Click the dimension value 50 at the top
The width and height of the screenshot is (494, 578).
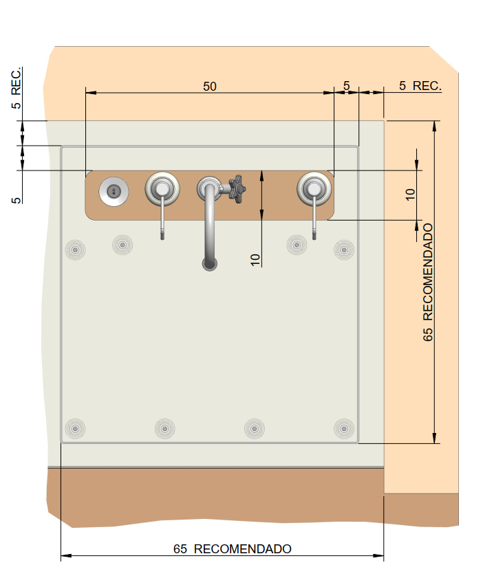click(210, 87)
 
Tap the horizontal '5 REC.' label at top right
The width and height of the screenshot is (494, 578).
click(420, 86)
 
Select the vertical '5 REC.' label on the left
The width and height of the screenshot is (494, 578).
click(17, 89)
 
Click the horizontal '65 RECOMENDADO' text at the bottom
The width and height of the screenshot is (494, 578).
click(233, 549)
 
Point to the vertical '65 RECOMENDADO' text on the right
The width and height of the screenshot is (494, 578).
click(427, 282)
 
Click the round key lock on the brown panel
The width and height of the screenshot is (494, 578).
click(114, 191)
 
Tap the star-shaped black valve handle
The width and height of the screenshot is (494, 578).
click(237, 189)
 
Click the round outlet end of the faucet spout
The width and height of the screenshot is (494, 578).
click(210, 263)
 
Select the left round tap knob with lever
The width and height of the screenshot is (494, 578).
click(162, 189)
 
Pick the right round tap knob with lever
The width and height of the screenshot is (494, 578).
click(314, 189)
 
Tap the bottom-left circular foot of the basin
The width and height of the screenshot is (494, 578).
click(75, 429)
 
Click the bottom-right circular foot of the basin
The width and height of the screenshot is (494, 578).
click(344, 429)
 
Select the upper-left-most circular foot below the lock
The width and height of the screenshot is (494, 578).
click(75, 249)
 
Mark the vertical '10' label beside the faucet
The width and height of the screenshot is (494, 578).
click(255, 260)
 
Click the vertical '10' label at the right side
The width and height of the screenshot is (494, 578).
click(410, 194)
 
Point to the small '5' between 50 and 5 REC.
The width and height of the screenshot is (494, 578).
click(346, 86)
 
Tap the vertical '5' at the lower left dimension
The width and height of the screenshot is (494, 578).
click(17, 200)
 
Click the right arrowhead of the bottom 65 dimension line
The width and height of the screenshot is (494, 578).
click(378, 555)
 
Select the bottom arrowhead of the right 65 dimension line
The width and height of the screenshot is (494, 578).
click(434, 438)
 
